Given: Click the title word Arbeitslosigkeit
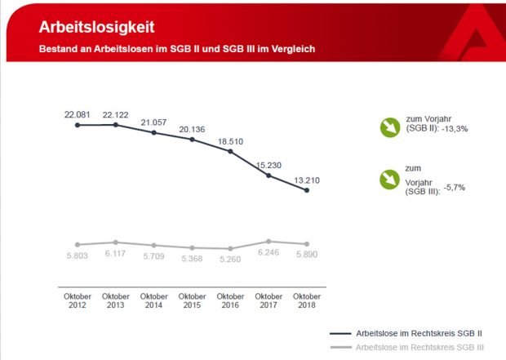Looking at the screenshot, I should [x=96, y=26].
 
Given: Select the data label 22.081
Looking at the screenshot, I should [x=78, y=114].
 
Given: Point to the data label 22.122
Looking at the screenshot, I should [x=116, y=114].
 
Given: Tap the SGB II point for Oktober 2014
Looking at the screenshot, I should [x=154, y=132].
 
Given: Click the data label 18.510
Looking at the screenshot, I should [x=230, y=141].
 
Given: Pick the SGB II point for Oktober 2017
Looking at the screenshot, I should [x=269, y=175].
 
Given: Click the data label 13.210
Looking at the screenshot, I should [x=306, y=180].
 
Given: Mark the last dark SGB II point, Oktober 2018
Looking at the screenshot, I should [x=306, y=190].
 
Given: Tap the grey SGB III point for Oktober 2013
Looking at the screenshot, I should [x=116, y=242].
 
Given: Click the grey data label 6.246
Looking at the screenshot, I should [x=269, y=254].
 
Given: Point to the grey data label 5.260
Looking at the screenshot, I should [x=230, y=261].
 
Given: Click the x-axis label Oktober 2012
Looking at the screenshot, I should [x=78, y=300].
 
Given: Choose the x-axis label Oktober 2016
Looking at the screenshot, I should [x=230, y=300].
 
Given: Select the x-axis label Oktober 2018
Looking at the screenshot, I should [x=306, y=300].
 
